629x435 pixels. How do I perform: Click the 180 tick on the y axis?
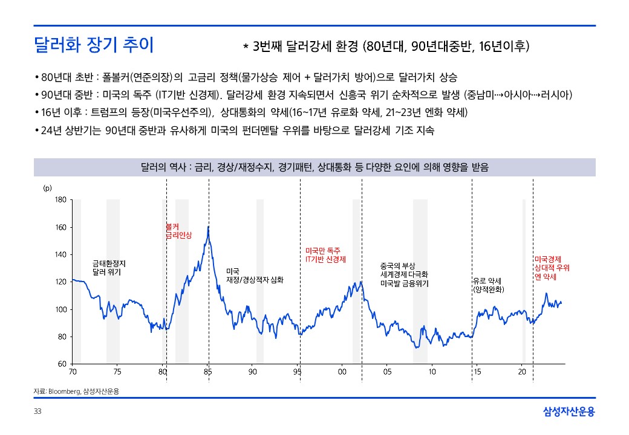click(x=60, y=200)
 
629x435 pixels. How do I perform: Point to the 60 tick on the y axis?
click(x=62, y=364)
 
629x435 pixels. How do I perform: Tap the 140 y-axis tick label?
click(x=60, y=254)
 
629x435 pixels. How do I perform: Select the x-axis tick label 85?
click(x=207, y=372)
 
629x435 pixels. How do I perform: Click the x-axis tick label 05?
click(x=387, y=372)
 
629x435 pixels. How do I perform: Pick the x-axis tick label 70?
click(x=73, y=372)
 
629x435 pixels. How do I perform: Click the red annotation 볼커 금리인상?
click(x=178, y=231)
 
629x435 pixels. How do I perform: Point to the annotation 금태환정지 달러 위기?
click(x=109, y=268)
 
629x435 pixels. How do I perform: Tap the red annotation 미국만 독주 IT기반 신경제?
click(x=325, y=254)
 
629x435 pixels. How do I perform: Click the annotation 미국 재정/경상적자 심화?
click(x=254, y=275)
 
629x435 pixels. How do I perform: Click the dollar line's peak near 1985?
click(x=208, y=227)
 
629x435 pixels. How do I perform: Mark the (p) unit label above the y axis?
click(x=47, y=188)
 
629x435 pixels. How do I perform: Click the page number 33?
click(x=37, y=412)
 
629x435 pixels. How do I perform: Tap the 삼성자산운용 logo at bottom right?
click(x=569, y=412)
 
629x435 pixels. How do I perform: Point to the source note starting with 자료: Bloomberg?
click(x=76, y=391)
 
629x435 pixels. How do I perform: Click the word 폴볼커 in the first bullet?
click(x=112, y=78)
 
